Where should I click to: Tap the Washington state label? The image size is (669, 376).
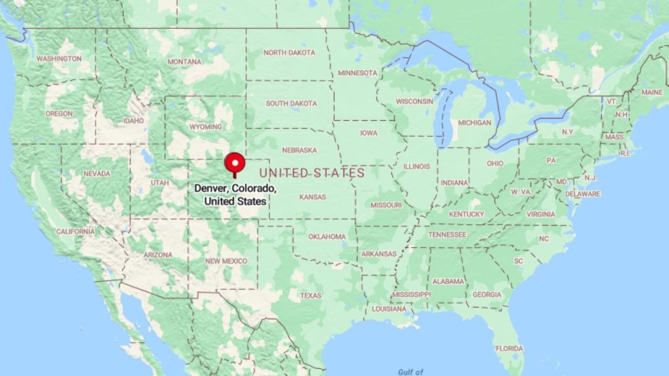point(59,59)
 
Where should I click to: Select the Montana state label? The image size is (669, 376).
point(184,61)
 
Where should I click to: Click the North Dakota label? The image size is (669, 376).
point(289,53)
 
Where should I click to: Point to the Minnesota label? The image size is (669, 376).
point(357,72)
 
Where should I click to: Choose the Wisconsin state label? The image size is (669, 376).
point(414,102)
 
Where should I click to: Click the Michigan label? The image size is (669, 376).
point(474,123)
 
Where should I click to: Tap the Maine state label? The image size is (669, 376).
point(651,93)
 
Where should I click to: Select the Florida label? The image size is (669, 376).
point(509,349)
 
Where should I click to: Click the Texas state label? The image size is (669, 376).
point(310,296)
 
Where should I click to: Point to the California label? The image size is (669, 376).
point(75,232)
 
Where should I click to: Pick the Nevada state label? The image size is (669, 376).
point(97,174)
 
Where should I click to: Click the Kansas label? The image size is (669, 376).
point(312,196)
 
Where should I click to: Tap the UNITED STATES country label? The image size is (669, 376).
point(312,173)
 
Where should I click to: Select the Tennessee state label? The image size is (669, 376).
point(448,234)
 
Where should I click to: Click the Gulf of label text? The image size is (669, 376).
point(411,371)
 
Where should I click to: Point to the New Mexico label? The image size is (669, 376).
point(226,261)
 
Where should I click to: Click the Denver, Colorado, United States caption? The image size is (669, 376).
point(235,195)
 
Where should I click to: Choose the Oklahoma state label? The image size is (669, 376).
point(327,236)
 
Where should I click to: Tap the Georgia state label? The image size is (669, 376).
point(487,294)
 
